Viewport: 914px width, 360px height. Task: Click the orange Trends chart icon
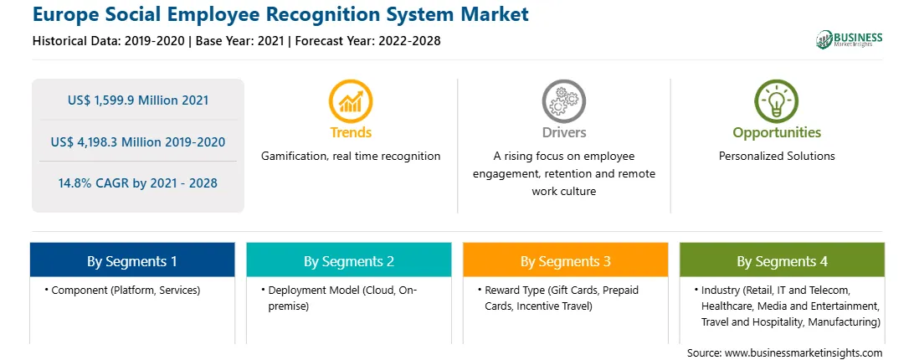pyautogui.click(x=351, y=101)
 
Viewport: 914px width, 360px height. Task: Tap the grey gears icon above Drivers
pyautogui.click(x=563, y=101)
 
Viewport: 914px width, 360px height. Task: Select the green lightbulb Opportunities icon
pyautogui.click(x=777, y=101)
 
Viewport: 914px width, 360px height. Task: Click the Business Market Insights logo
pyautogui.click(x=850, y=39)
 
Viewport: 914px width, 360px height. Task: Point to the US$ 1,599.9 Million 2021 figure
pyautogui.click(x=138, y=100)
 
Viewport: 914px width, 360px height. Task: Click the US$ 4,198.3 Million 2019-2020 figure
pyautogui.click(x=138, y=141)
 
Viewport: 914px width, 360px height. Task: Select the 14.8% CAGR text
pyautogui.click(x=138, y=183)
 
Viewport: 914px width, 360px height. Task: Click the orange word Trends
pyautogui.click(x=351, y=132)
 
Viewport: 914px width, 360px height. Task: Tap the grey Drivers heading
pyautogui.click(x=563, y=132)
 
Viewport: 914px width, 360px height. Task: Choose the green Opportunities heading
pyautogui.click(x=777, y=133)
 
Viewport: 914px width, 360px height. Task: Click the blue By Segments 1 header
pyautogui.click(x=132, y=260)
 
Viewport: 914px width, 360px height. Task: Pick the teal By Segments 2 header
pyautogui.click(x=348, y=260)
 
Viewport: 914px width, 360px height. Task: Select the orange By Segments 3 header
pyautogui.click(x=566, y=260)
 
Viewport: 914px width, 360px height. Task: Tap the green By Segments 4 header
pyautogui.click(x=783, y=260)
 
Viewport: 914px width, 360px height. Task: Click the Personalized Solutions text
pyautogui.click(x=777, y=156)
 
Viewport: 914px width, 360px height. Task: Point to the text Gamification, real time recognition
pyautogui.click(x=351, y=156)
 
